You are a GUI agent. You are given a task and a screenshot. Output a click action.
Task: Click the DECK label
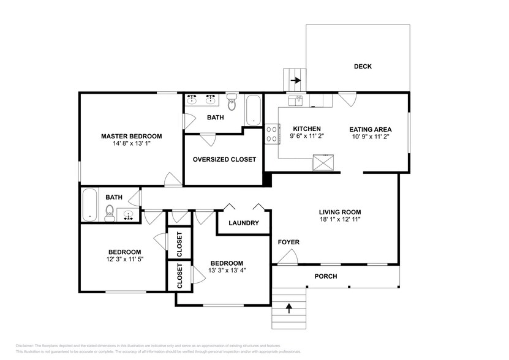[363, 67]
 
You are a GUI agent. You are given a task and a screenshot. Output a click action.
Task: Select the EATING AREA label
[370, 129]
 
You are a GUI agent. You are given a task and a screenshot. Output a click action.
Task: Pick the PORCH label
[326, 276]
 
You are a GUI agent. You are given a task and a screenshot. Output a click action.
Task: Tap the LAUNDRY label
[244, 223]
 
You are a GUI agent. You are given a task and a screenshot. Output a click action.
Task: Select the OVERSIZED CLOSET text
[224, 159]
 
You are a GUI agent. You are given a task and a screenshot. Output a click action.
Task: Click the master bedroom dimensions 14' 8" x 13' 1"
[131, 144]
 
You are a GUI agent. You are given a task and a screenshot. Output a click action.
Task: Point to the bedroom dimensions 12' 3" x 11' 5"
[125, 260]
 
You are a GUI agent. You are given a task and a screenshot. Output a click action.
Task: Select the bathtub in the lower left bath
[90, 205]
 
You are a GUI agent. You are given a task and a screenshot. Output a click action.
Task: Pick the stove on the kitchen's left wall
[271, 134]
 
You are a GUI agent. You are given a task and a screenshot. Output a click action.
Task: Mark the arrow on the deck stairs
[295, 80]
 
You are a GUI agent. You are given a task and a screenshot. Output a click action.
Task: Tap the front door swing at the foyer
[285, 258]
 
